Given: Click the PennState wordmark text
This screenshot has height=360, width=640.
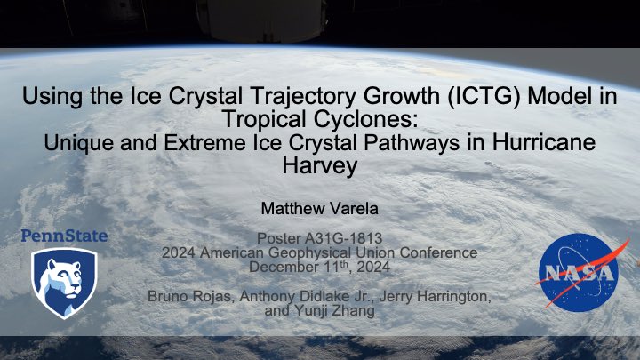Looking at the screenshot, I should click(x=64, y=236).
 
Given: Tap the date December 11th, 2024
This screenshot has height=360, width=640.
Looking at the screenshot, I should click(x=319, y=267).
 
